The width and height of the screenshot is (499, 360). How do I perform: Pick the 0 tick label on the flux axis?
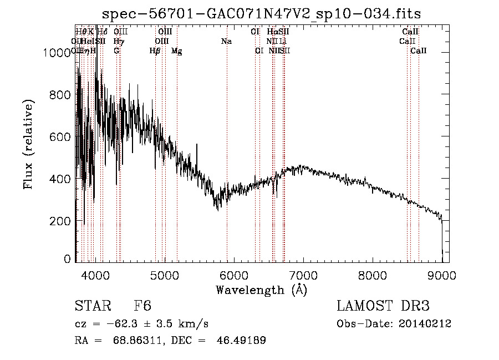click(x=67, y=258)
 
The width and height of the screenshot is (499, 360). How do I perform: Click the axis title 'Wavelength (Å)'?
click(x=261, y=289)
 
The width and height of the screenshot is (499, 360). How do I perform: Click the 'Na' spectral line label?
click(x=226, y=41)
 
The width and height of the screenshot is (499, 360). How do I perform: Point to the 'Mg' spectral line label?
click(x=177, y=51)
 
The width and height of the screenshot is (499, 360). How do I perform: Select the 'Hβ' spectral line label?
click(x=155, y=51)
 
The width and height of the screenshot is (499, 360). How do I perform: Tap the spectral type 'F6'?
click(x=142, y=306)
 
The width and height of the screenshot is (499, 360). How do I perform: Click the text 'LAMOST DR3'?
click(x=383, y=306)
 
